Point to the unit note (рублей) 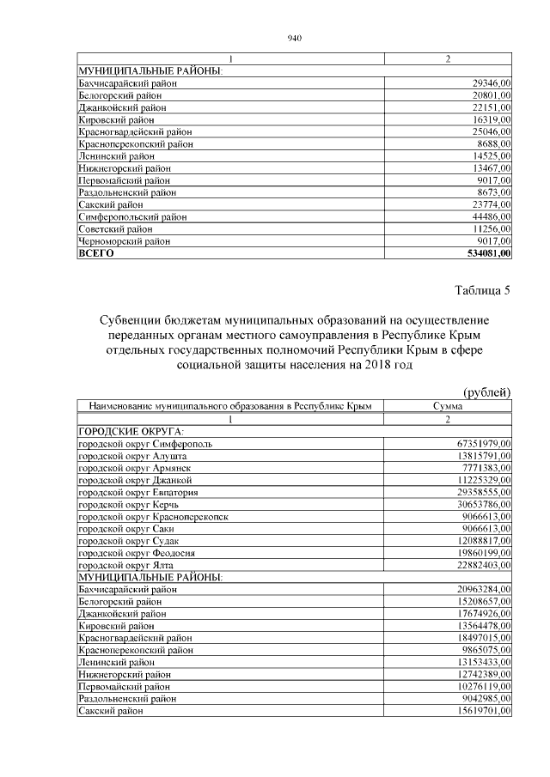click(487, 392)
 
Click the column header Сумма click(448, 406)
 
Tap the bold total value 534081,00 click(483, 254)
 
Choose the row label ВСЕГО click(96, 254)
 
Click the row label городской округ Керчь click(128, 504)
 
